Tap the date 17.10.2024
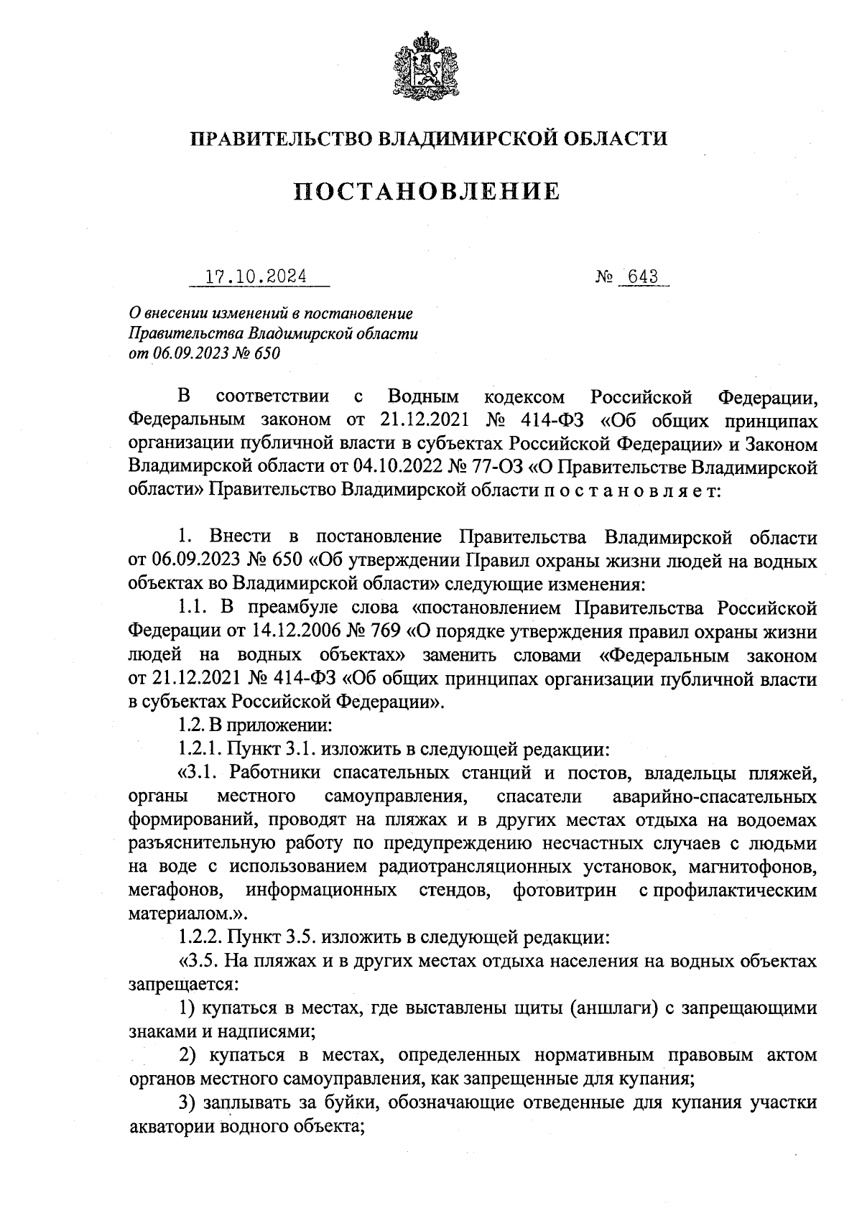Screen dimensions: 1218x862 pos(256,276)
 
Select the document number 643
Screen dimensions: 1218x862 pos(642,276)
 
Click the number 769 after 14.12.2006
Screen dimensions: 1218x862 pos(389,632)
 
